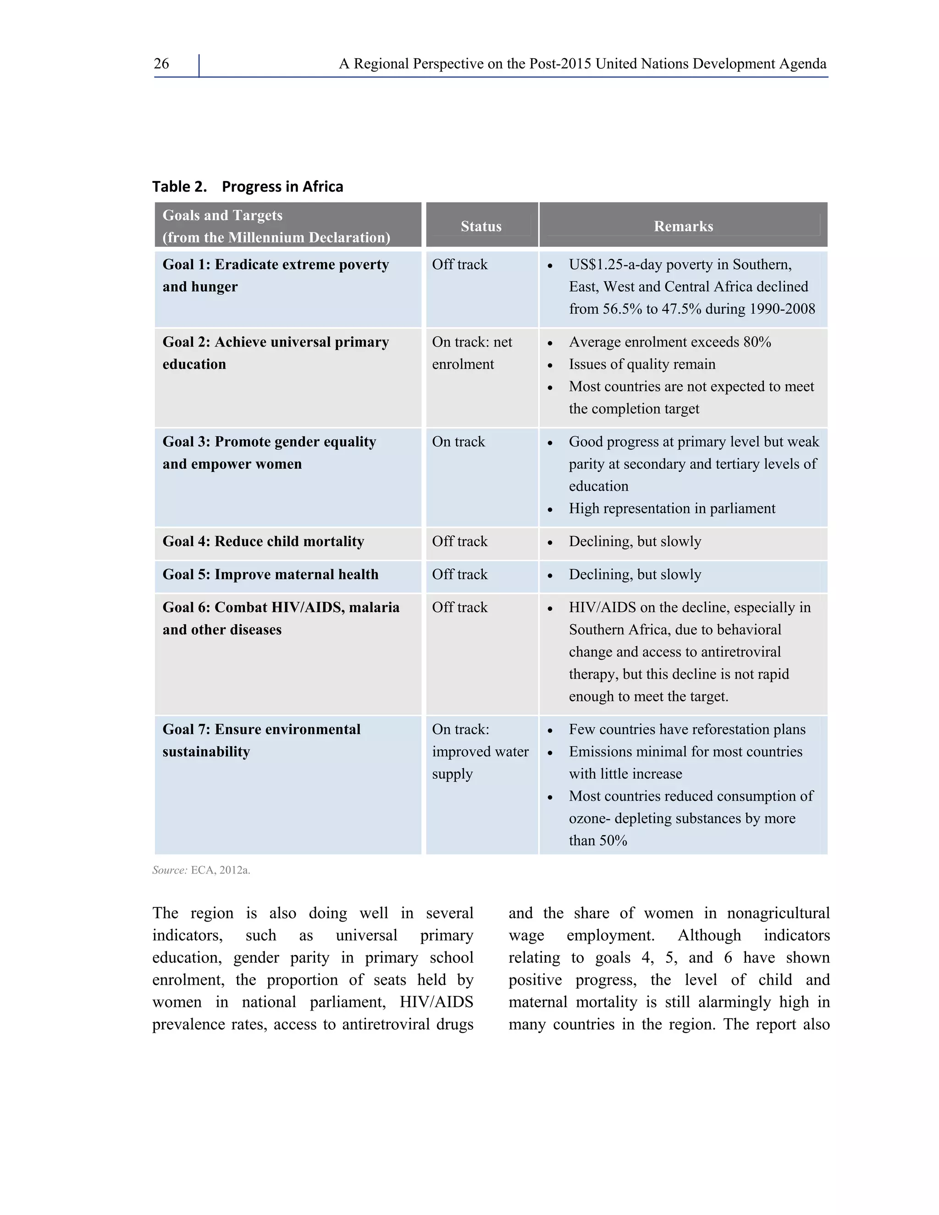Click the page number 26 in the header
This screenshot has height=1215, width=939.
[161, 64]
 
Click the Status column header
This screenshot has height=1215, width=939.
[481, 226]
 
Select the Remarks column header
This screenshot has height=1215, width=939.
[683, 226]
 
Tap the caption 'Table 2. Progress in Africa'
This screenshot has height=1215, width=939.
[248, 186]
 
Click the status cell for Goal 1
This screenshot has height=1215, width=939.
[459, 265]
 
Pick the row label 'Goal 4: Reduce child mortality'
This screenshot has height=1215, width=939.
[263, 542]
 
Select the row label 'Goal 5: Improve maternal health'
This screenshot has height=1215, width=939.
[271, 574]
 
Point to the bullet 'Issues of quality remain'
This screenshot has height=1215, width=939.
[641, 364]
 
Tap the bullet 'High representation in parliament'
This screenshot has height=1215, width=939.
[671, 508]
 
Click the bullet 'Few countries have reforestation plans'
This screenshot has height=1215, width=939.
[686, 730]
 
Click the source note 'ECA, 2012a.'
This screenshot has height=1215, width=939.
[220, 871]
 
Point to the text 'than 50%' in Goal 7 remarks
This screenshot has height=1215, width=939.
[597, 840]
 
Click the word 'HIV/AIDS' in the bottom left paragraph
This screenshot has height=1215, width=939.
[436, 1002]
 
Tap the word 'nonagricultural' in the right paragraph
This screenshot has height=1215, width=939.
[778, 913]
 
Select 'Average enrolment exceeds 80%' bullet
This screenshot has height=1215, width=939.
[669, 342]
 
